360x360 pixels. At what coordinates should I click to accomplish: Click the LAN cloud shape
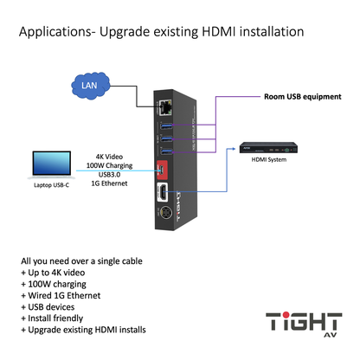point(89,87)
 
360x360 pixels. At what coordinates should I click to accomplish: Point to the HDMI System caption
point(270,159)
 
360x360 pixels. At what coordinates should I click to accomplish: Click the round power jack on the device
point(163,217)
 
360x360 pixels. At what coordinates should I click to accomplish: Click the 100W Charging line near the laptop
point(112,157)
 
